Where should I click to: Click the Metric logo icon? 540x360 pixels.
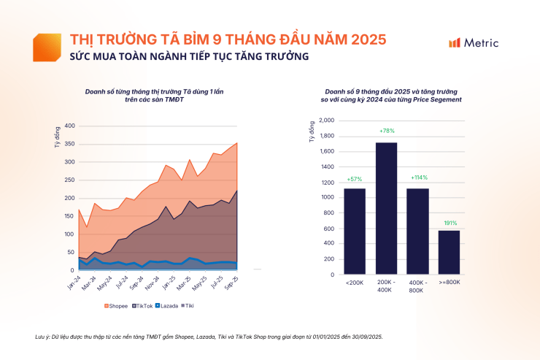454,43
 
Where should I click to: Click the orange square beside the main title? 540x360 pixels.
47,47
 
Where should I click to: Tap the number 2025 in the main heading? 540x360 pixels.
369,39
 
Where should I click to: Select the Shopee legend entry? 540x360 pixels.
117,305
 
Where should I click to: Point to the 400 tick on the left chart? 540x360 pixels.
68,126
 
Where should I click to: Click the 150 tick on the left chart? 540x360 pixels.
68,216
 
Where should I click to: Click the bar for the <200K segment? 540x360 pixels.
354,231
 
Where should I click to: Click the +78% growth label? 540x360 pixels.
387,131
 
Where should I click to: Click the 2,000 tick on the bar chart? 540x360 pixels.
326,120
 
